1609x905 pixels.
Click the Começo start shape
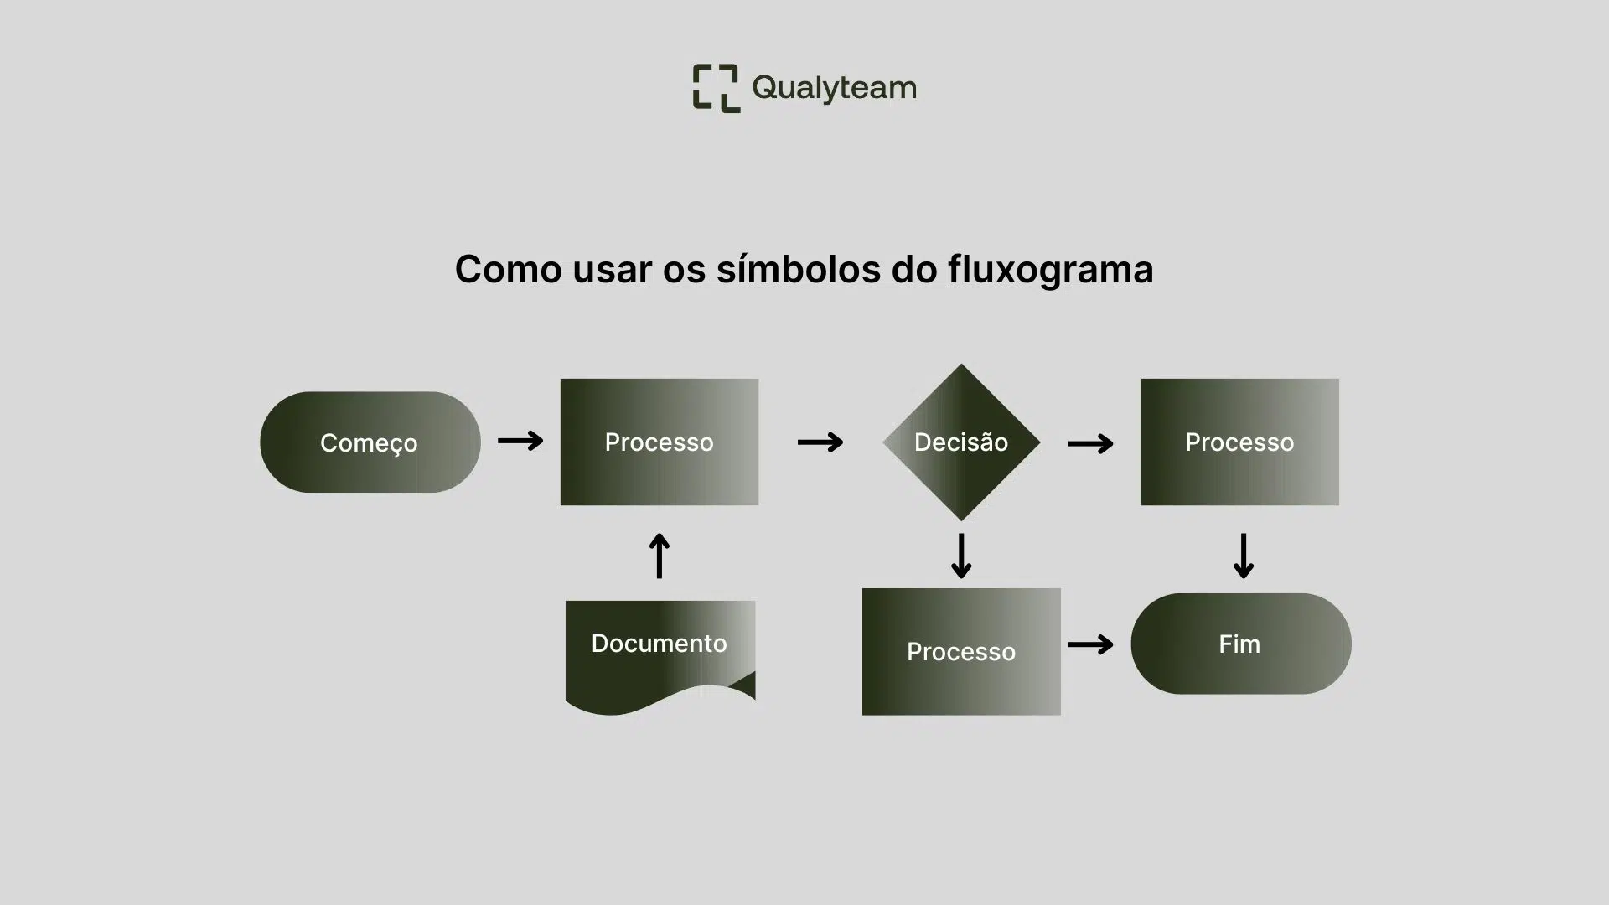[370, 442]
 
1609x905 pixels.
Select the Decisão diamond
[961, 442]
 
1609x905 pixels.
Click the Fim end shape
[1240, 644]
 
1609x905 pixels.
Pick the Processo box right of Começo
[660, 442]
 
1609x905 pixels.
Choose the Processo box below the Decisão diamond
[961, 651]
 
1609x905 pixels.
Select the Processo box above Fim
[1239, 442]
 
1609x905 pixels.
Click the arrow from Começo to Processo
[520, 441]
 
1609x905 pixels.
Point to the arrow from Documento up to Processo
[660, 556]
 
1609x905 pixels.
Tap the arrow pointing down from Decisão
[961, 556]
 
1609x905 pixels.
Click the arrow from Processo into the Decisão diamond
[820, 442]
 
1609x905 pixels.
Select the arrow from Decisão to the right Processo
[1090, 442]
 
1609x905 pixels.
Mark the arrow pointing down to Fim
[1244, 556]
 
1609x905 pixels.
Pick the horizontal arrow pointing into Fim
[1090, 644]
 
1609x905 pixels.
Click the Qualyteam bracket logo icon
[716, 88]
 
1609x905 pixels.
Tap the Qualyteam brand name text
[834, 88]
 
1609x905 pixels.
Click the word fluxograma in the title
[1051, 270]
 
